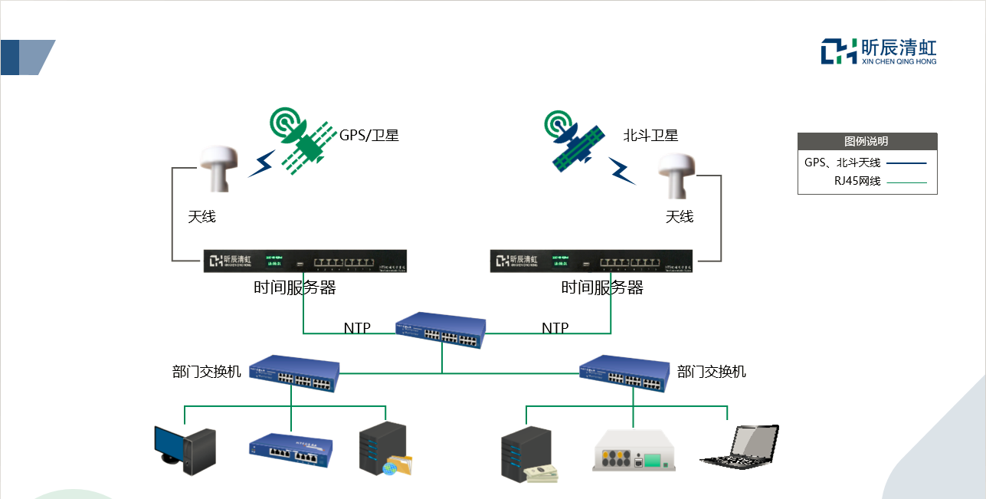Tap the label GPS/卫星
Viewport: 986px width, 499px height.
[369, 136]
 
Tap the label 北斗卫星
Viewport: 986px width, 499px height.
[650, 136]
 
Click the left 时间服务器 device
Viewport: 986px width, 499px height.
[305, 261]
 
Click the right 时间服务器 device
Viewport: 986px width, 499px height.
[592, 261]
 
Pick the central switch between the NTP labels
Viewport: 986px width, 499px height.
[441, 330]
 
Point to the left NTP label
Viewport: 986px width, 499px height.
[357, 328]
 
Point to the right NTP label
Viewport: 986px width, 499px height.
[555, 328]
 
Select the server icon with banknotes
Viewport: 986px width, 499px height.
[529, 455]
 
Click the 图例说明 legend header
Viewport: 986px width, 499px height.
[866, 141]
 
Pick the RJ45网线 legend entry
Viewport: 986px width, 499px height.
[866, 182]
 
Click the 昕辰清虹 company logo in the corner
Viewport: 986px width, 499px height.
[879, 51]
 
